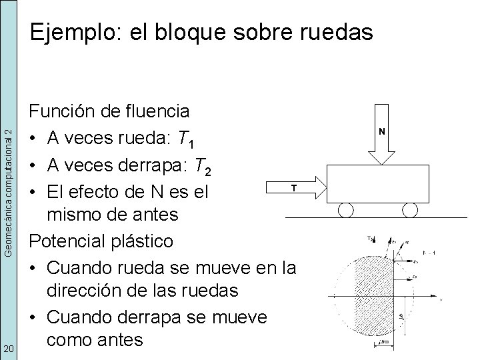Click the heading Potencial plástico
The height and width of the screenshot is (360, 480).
pyautogui.click(x=100, y=241)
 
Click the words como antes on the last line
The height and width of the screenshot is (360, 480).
pyautogui.click(x=95, y=339)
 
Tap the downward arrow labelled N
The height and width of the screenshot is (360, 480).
pyautogui.click(x=381, y=133)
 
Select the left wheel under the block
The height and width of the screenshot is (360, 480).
pyautogui.click(x=346, y=210)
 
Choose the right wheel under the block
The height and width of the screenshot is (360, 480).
pyautogui.click(x=409, y=210)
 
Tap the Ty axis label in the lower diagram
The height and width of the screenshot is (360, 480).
pyautogui.click(x=371, y=238)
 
